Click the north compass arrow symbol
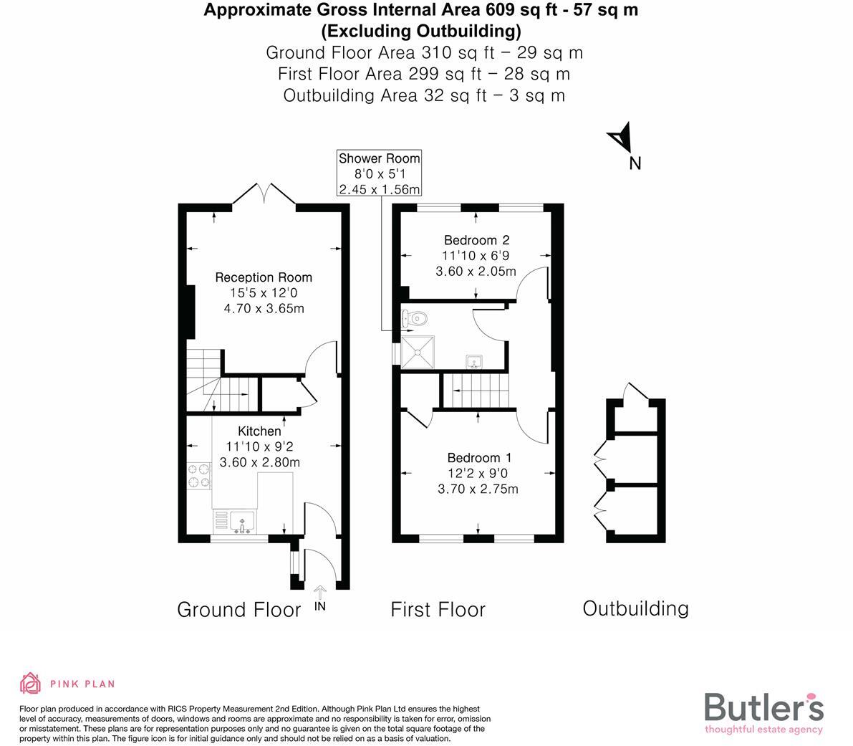tap(619, 138)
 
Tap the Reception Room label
tap(264, 277)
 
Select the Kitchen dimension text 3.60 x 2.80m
tap(259, 462)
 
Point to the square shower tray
tap(417, 351)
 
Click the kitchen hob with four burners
tap(200, 477)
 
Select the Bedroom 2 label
tap(476, 240)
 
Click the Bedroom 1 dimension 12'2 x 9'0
tap(478, 474)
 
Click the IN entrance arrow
tap(320, 594)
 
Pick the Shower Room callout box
tap(380, 173)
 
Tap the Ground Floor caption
tap(238, 610)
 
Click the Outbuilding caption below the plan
tap(635, 608)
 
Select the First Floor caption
tap(438, 610)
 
